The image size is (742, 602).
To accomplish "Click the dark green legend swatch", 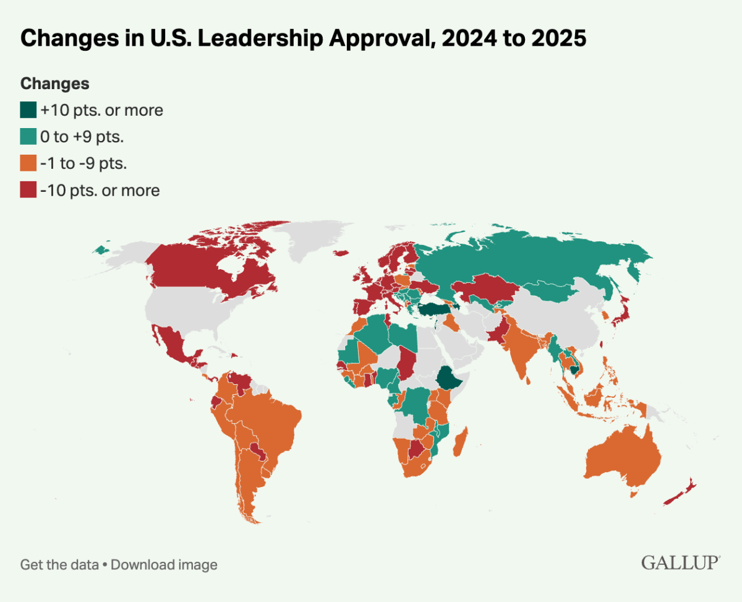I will (x=28, y=111).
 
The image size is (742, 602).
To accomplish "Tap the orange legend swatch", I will (x=28, y=164).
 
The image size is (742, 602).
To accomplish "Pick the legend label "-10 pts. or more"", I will (x=100, y=191).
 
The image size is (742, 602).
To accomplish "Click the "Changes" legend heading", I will (x=55, y=84).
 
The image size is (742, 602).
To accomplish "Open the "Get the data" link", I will (x=59, y=564).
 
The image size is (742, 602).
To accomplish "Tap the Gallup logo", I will (x=680, y=562).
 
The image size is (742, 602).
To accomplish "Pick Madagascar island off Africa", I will (x=461, y=440).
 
